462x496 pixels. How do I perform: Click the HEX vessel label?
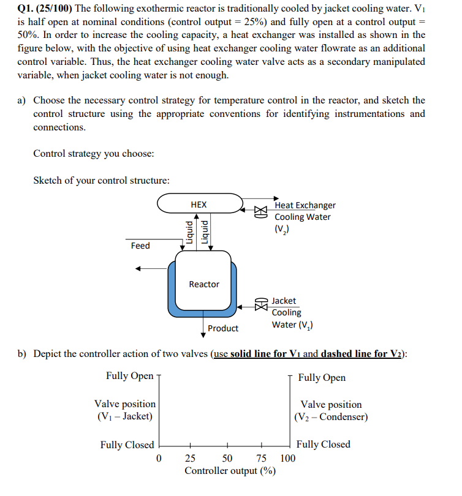click(x=199, y=205)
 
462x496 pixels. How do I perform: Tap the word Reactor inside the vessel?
click(x=204, y=284)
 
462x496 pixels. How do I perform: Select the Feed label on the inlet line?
click(x=140, y=246)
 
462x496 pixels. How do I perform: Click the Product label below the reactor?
click(x=223, y=328)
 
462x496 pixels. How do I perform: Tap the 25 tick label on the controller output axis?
click(x=191, y=459)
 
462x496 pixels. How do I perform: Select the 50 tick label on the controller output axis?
click(x=227, y=459)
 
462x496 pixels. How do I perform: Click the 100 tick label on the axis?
click(x=288, y=459)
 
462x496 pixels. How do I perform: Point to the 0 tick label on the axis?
click(x=159, y=459)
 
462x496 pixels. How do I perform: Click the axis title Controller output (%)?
click(x=230, y=471)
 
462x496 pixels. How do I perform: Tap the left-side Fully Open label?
click(x=129, y=376)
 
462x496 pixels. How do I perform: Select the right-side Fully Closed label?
click(x=323, y=444)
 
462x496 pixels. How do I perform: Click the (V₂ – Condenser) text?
click(x=331, y=417)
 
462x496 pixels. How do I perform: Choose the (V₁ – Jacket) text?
click(x=125, y=416)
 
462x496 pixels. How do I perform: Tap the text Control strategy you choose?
click(x=93, y=153)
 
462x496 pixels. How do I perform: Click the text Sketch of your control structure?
click(x=101, y=180)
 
